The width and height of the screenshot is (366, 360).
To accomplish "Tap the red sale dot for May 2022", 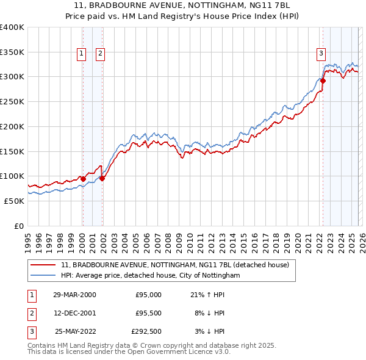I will pos(323,81).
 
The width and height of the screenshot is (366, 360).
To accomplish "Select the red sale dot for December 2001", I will pos(102,178).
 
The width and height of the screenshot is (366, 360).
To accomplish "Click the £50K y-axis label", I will pos(15,201).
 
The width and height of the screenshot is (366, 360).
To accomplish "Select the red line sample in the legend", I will pos(44,265).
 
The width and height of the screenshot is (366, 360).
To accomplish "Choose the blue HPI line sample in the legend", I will pos(44,276).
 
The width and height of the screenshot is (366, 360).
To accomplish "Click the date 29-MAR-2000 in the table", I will pos(74,295).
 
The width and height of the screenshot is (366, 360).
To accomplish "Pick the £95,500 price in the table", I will pos(146,314).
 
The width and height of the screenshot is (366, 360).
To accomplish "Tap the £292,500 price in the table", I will pos(146,333).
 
